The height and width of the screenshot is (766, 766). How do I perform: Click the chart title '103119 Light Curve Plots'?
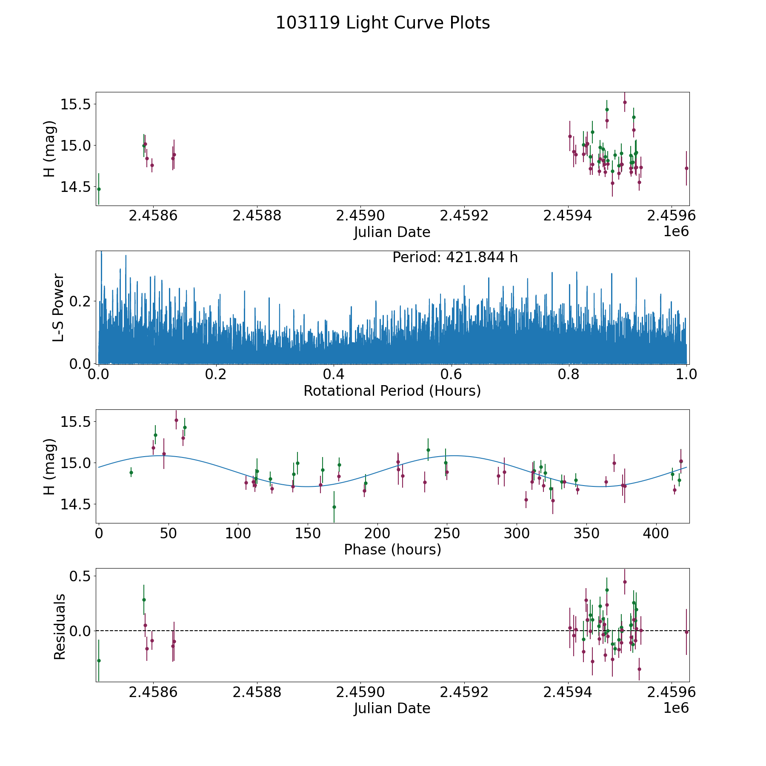click(x=383, y=23)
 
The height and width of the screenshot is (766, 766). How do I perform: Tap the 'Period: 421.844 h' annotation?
click(x=455, y=257)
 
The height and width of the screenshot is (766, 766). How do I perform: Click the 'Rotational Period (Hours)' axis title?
click(x=392, y=391)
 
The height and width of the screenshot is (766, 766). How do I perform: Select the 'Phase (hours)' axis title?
click(x=392, y=549)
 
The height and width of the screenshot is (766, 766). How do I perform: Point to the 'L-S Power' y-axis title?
click(x=58, y=307)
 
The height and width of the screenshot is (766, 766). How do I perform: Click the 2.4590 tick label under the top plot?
click(x=360, y=216)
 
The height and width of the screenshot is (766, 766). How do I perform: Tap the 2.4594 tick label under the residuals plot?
click(x=568, y=692)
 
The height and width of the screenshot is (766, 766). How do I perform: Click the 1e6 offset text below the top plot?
click(x=676, y=232)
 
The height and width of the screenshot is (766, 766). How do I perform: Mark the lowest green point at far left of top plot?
click(x=99, y=189)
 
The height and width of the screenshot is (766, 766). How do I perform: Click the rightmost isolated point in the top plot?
click(x=686, y=168)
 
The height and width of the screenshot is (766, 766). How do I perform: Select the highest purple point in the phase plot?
click(x=176, y=420)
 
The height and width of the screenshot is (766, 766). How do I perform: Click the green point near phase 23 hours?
click(x=131, y=472)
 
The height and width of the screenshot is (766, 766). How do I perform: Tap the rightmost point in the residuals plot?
click(x=686, y=632)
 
